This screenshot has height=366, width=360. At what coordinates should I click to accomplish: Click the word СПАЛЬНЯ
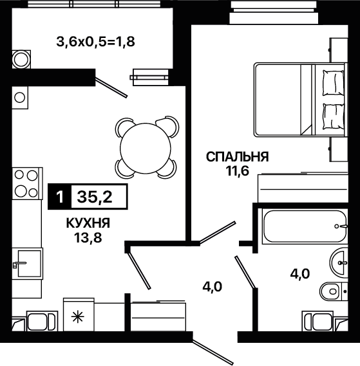(x=237, y=157)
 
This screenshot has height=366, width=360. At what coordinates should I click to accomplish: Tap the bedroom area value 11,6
(x=238, y=171)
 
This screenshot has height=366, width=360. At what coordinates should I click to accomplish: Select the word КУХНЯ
(x=88, y=223)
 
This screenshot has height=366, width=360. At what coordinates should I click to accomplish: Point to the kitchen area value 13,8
(x=88, y=238)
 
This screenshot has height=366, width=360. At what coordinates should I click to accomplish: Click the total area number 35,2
(x=95, y=197)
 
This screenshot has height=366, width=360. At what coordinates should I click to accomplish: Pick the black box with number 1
(x=60, y=197)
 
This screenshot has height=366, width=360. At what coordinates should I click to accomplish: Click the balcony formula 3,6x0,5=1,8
(x=95, y=42)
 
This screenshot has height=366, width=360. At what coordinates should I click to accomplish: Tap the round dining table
(x=146, y=148)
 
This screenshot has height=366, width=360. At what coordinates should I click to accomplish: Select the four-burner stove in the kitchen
(x=27, y=183)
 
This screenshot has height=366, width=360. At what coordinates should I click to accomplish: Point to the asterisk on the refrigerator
(x=78, y=318)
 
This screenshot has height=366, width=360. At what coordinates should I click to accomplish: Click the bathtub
(x=305, y=226)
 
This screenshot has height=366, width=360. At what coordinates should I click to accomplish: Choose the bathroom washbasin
(x=339, y=262)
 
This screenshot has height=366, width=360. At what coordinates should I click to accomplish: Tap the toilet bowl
(x=334, y=291)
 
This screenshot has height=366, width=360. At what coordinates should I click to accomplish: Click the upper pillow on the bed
(x=333, y=83)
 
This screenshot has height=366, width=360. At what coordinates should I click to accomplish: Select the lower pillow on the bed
(x=333, y=116)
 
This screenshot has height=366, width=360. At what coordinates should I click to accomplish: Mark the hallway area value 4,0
(x=212, y=286)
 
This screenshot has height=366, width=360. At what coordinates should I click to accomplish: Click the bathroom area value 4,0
(x=300, y=273)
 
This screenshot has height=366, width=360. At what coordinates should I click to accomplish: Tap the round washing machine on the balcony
(x=21, y=59)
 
